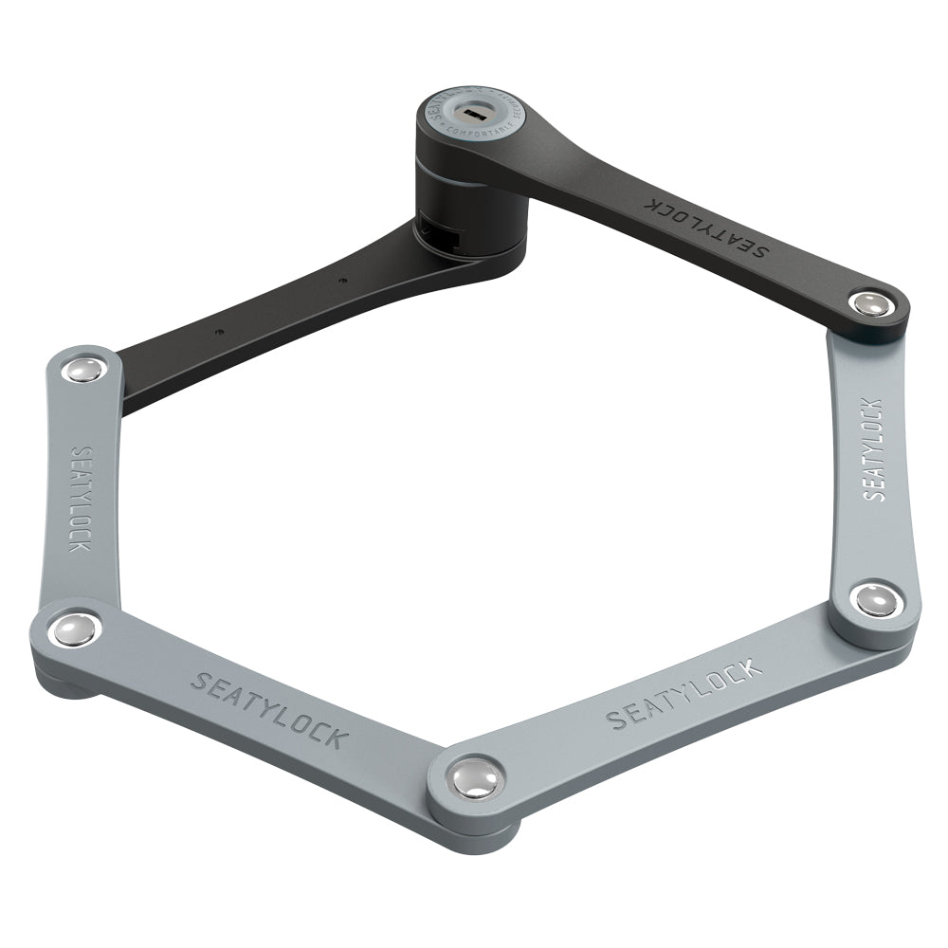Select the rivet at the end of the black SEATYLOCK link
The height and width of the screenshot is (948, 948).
[867, 304]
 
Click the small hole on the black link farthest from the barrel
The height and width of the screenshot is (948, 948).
[217, 333]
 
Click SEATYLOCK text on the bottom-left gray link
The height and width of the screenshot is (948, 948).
[269, 709]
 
